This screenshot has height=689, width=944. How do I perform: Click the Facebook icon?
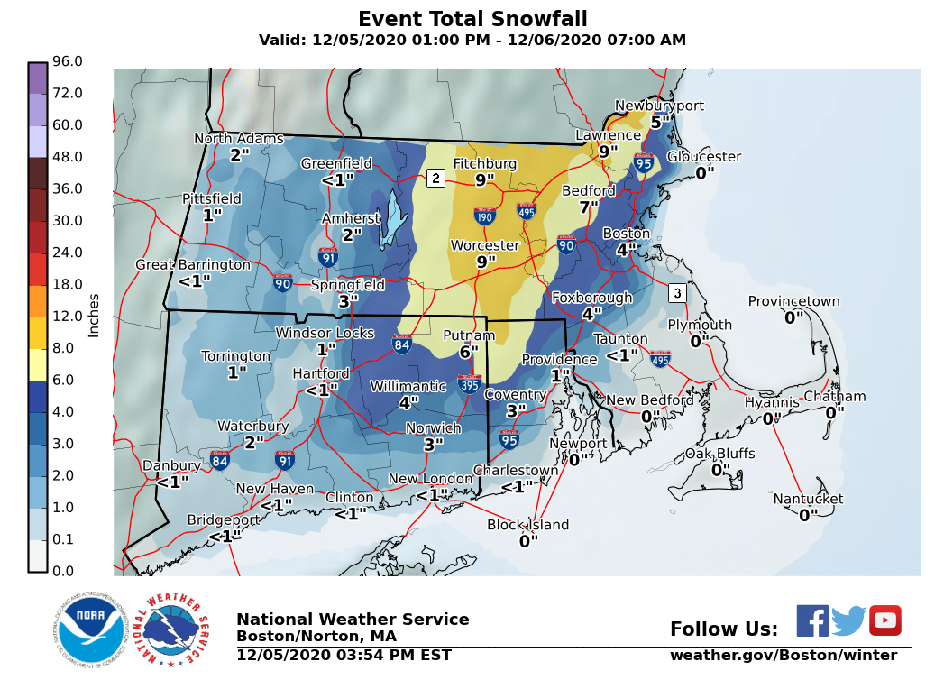(x=812, y=620)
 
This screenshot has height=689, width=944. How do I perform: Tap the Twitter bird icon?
(x=848, y=620)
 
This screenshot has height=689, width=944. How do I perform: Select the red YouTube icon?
(x=884, y=620)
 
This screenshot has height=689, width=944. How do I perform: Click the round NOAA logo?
(x=88, y=629)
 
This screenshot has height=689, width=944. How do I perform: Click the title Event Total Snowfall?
(x=472, y=19)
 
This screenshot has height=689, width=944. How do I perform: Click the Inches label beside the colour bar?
(x=94, y=316)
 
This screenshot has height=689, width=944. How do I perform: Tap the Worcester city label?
(x=485, y=245)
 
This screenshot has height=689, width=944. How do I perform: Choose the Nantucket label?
(x=808, y=499)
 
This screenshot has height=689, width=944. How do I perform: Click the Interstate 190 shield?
(x=485, y=216)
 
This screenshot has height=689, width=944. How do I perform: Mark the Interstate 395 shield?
(x=469, y=384)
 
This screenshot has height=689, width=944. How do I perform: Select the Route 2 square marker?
(x=435, y=178)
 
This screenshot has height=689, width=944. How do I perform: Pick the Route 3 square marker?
(x=677, y=293)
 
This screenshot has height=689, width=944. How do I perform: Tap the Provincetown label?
(x=793, y=301)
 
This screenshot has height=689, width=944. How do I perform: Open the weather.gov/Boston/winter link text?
(x=783, y=656)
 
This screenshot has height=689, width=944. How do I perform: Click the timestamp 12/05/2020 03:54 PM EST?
(x=344, y=656)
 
